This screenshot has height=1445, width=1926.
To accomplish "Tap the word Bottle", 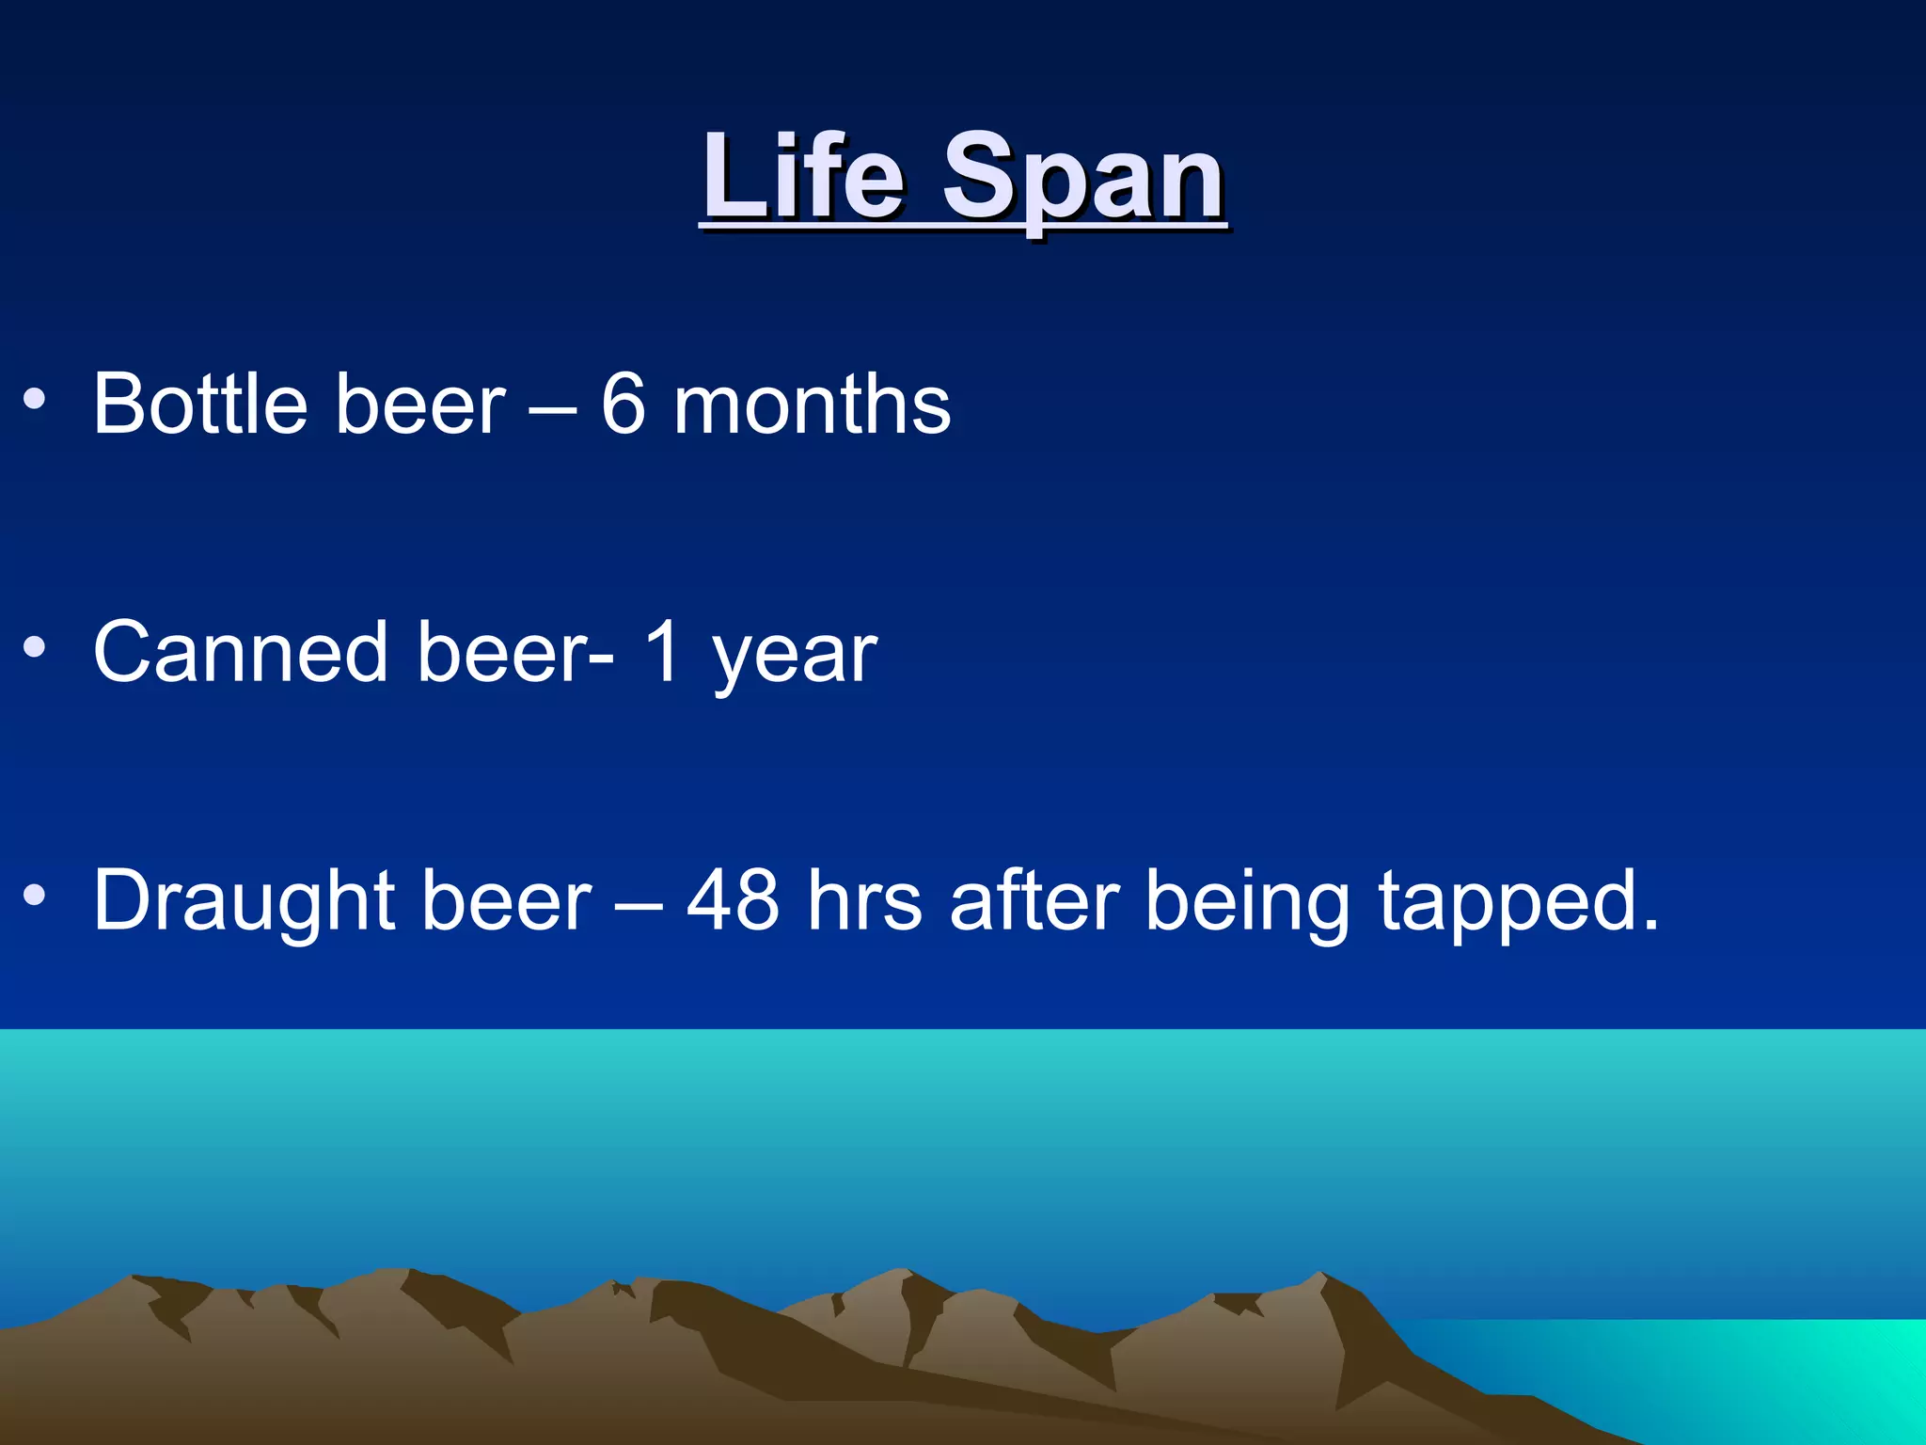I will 200,404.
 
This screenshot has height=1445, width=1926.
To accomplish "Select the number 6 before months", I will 624,405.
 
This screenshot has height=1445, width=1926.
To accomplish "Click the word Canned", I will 241,652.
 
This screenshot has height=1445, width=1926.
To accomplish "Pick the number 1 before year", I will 664,652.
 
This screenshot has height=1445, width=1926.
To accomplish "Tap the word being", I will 1248,903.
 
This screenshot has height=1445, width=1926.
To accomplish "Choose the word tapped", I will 1518,903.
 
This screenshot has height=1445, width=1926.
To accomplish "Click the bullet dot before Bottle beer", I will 35,401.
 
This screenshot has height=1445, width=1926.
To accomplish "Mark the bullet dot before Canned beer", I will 35,647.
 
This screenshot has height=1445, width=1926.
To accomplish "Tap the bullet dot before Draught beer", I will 35,896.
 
